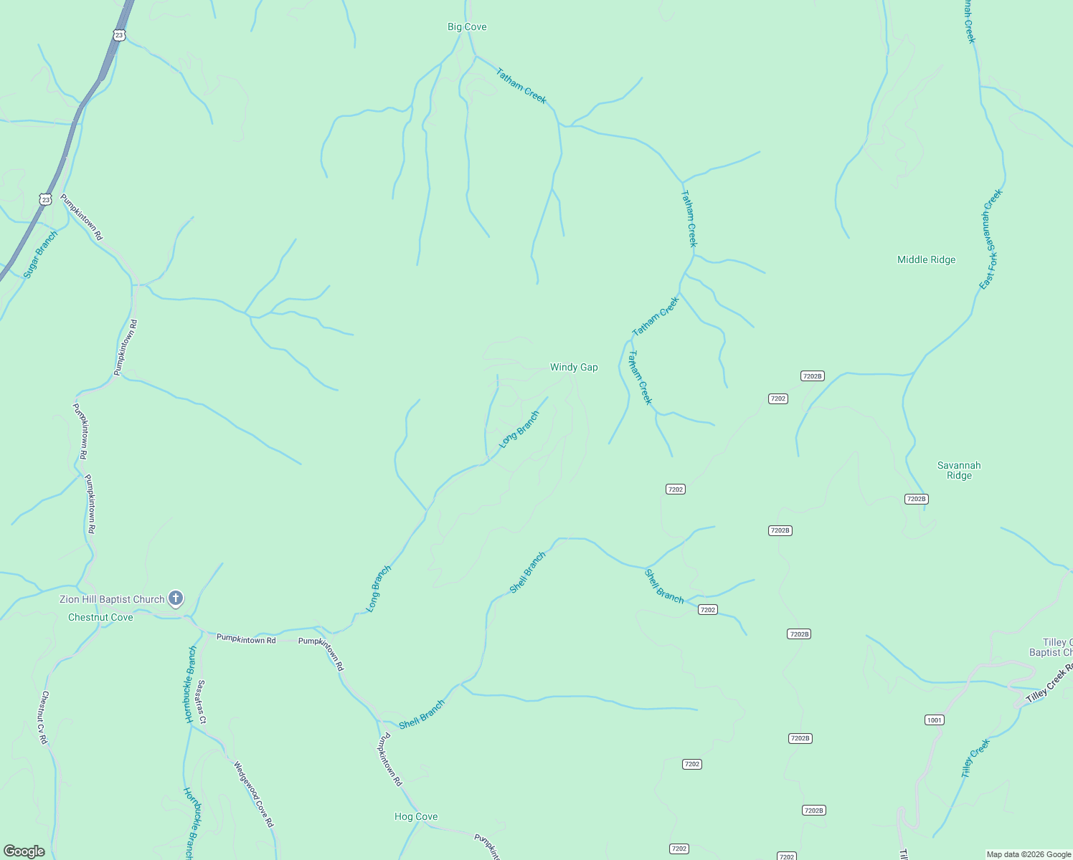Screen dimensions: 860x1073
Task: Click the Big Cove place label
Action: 467,27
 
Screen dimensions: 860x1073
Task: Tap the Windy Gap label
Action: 574,368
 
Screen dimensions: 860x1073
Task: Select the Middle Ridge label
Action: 926,260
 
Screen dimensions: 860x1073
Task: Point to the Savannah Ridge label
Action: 959,470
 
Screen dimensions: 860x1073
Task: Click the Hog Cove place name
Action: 416,817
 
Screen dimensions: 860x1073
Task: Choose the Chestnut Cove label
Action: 100,618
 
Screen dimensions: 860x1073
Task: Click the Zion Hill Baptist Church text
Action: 112,600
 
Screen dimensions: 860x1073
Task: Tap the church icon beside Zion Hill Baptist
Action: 176,598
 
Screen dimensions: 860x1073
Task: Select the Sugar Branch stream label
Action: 40,254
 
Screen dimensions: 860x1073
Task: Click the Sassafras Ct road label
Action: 202,702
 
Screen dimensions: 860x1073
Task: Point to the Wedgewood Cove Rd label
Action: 253,794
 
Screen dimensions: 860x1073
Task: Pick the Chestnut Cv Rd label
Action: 44,717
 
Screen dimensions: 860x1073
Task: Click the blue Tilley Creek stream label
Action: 975,758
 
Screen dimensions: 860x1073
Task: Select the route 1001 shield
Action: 934,720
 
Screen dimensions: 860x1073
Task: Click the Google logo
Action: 24,851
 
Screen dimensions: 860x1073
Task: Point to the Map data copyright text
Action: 1028,854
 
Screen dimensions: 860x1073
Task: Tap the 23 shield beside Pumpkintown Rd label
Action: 46,199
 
